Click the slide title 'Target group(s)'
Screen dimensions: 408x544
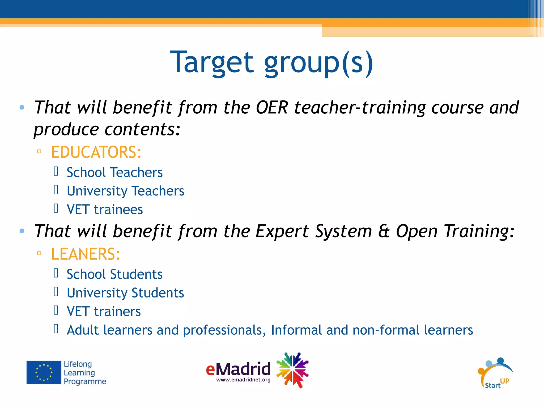(271, 63)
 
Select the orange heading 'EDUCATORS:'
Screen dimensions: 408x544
(96, 152)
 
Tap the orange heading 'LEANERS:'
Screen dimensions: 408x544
(85, 254)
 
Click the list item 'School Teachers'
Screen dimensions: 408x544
(114, 172)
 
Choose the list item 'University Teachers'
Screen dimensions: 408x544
(125, 191)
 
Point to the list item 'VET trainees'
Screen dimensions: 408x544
(105, 210)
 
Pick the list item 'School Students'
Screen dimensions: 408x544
(114, 274)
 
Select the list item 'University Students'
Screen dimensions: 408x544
(125, 293)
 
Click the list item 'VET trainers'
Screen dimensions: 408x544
(104, 311)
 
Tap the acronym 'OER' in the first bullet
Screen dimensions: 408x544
(272, 108)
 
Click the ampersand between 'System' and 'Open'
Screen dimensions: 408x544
(384, 231)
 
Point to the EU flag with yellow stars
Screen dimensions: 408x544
(44, 372)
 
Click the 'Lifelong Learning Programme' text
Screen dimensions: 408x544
(85, 373)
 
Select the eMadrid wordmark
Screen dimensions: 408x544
(238, 369)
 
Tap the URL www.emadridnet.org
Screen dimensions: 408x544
(243, 380)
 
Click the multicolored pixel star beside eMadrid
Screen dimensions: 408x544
(292, 370)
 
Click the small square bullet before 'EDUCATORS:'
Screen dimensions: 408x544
(39, 152)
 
